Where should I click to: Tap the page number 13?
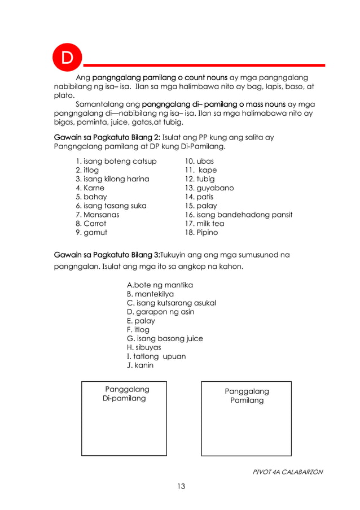point(180,486)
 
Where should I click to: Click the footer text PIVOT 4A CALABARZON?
point(288,472)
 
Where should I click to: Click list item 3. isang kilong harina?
point(112,179)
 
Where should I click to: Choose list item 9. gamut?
point(91,232)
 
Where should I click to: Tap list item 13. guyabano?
point(209,188)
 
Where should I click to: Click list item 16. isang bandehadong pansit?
point(239,215)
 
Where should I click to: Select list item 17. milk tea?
point(204,224)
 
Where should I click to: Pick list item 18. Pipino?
point(201,232)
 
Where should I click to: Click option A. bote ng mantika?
point(160,285)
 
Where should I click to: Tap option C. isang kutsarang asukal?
point(172,303)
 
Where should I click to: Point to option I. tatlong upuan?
point(156,356)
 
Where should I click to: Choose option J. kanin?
point(140,365)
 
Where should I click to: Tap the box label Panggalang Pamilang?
point(247,396)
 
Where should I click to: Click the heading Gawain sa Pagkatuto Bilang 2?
point(107,137)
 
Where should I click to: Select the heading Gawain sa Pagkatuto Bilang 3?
point(107,255)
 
